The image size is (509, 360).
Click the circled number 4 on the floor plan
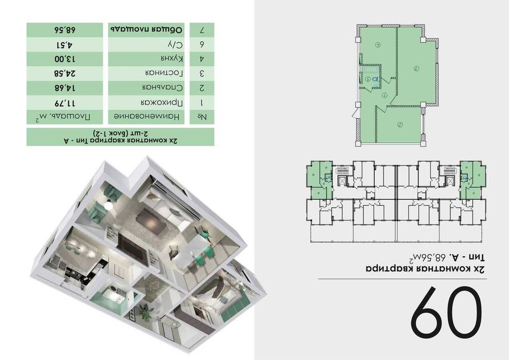(x=377, y=44)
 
